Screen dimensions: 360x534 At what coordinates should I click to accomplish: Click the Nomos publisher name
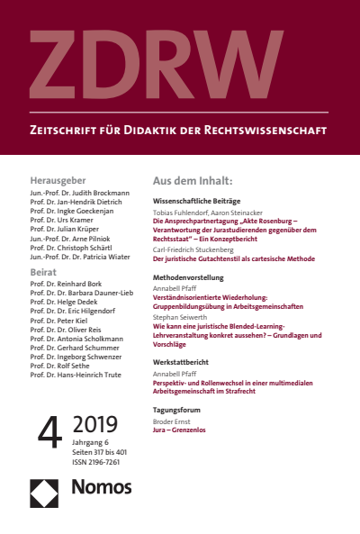pos(101,487)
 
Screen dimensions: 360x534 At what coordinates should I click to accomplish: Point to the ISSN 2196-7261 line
pos(95,462)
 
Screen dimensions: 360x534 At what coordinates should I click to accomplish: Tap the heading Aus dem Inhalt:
pos(193,180)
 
